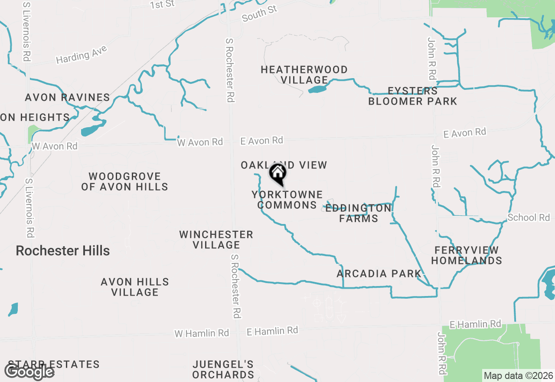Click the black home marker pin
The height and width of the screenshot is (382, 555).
(277, 174)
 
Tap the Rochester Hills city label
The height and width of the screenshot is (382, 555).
(63, 250)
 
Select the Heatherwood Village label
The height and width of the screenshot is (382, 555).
(304, 75)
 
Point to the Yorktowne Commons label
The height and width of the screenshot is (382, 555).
(287, 200)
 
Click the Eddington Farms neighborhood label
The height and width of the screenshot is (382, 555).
(359, 213)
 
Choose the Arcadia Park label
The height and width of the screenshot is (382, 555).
(379, 273)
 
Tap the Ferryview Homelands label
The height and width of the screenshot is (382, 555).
(467, 255)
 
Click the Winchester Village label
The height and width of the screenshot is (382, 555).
(216, 240)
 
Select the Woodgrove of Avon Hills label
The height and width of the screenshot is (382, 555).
(125, 181)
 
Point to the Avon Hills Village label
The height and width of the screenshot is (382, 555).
(135, 287)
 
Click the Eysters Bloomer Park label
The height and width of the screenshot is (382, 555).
(413, 96)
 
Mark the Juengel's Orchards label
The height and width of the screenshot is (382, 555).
(223, 369)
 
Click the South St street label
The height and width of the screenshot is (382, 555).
(259, 13)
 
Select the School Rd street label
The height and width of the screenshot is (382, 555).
(528, 217)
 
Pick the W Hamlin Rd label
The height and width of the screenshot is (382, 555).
(202, 333)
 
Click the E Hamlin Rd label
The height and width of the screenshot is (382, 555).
(272, 331)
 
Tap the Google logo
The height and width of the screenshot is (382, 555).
(29, 372)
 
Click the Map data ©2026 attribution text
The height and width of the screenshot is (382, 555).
(518, 376)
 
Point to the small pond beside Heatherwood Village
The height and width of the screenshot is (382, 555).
(317, 89)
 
